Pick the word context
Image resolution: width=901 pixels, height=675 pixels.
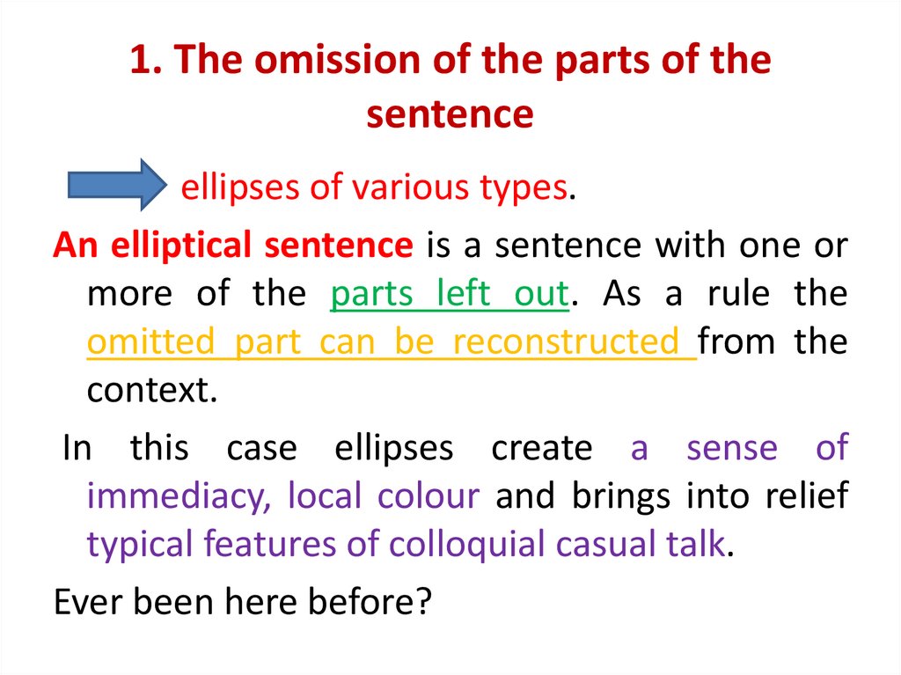(150, 390)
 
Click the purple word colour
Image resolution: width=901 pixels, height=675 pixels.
(429, 497)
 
